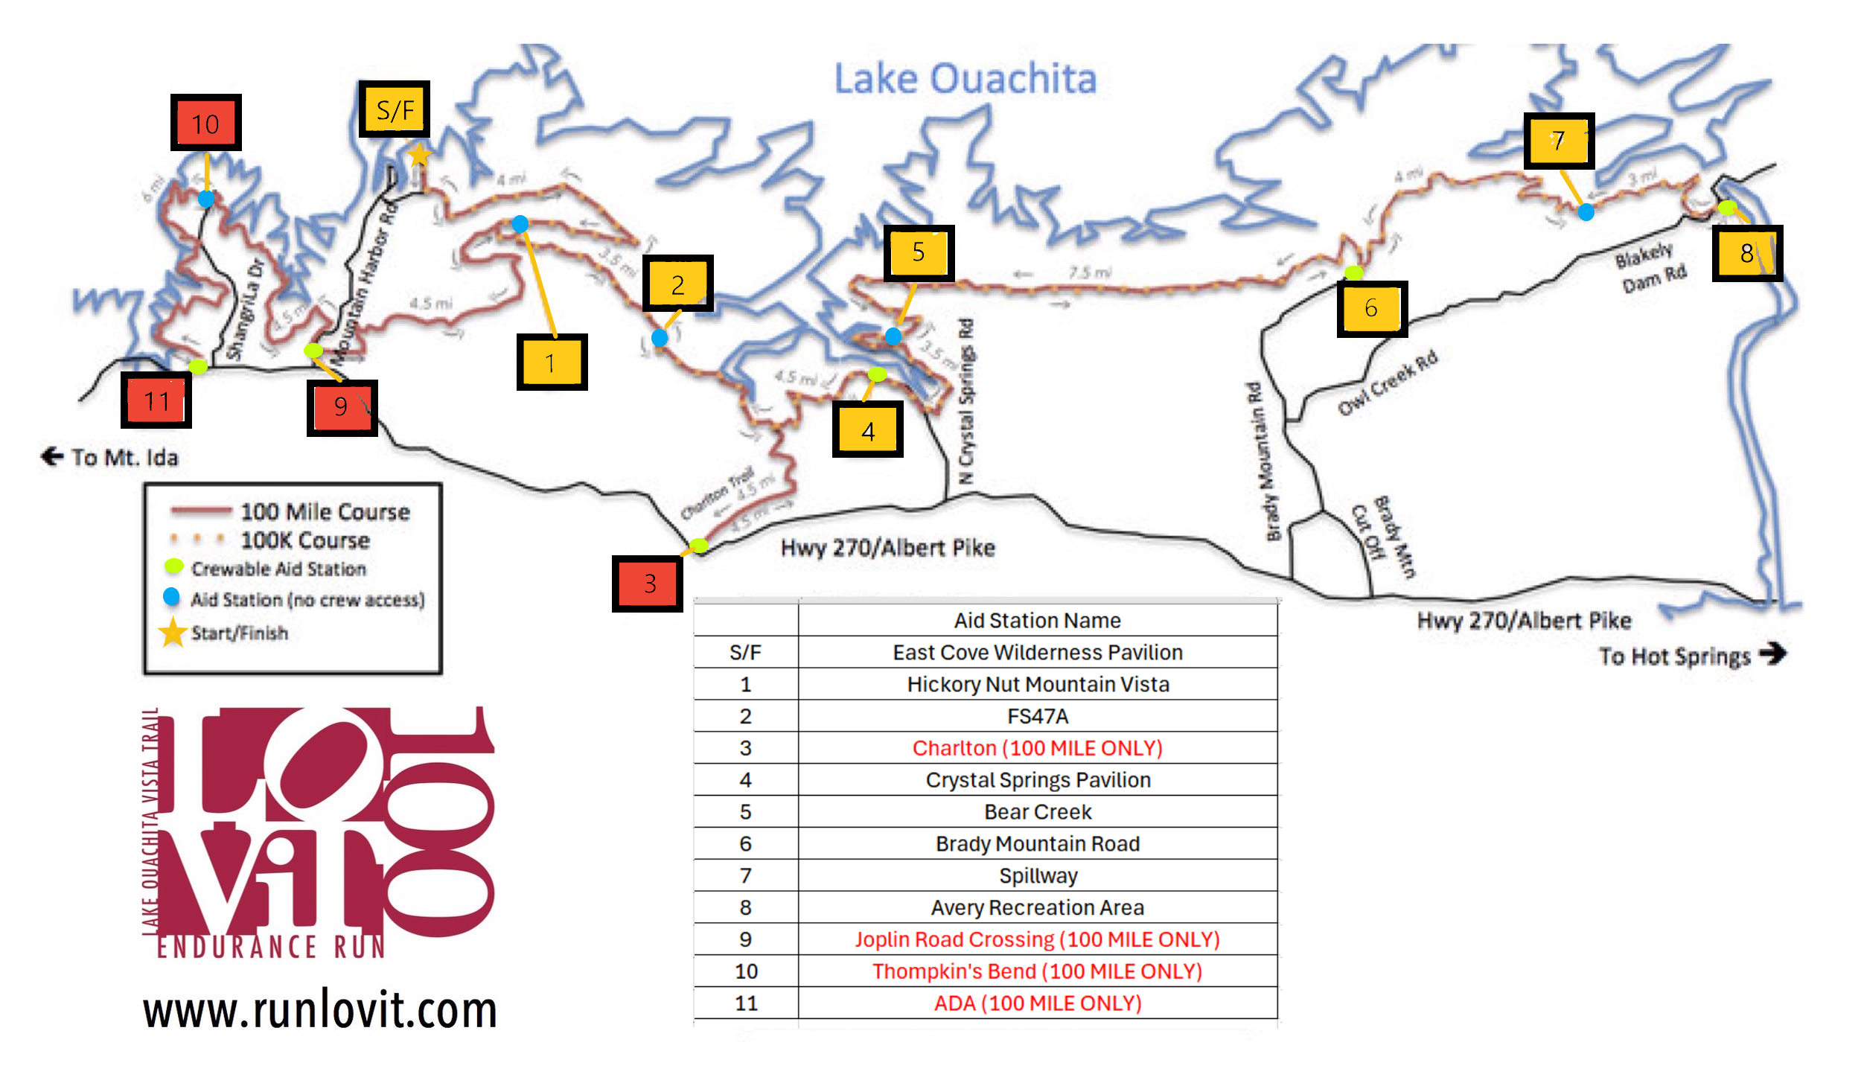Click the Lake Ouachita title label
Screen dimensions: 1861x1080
965,78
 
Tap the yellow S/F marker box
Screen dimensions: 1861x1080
395,109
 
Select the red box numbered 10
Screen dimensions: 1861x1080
205,123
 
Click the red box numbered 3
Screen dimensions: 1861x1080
648,584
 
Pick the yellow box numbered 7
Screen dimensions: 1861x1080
1559,141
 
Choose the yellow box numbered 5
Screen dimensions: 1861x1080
919,252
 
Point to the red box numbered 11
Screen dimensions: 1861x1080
156,400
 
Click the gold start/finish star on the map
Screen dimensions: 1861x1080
420,155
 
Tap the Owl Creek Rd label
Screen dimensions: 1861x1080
1388,383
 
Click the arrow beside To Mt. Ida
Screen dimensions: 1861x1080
52,456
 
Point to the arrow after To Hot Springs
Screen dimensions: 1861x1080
1772,654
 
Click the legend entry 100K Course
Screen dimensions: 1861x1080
304,540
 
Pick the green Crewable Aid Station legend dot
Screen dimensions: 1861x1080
173,566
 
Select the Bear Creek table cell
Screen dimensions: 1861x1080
1038,811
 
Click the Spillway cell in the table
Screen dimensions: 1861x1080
1038,875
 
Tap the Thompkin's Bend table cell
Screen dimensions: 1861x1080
1038,971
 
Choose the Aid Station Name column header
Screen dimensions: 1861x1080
1038,620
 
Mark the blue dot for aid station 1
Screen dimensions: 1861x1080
520,223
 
